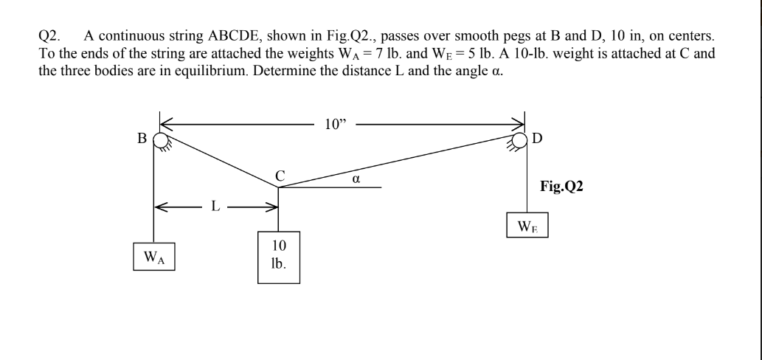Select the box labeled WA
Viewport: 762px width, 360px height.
pyautogui.click(x=153, y=257)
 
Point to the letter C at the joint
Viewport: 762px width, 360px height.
pyautogui.click(x=279, y=175)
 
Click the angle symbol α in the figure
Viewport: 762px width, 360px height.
pyautogui.click(x=355, y=178)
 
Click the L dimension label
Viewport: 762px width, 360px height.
pyautogui.click(x=215, y=207)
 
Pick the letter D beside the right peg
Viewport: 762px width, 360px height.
pyautogui.click(x=536, y=137)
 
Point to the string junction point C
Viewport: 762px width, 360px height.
pyautogui.click(x=278, y=187)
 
